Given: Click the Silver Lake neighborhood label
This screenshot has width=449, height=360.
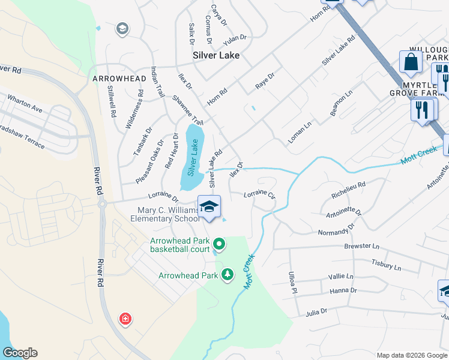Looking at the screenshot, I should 216,55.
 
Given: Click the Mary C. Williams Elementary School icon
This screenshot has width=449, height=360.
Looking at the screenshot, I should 209,207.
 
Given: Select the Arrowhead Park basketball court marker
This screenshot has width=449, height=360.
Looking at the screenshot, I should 219,244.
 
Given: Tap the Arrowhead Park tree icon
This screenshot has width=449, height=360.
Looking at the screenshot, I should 228,275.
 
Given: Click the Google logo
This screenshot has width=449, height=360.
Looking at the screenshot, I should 20,353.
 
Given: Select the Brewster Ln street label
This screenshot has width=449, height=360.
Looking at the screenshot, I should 362,246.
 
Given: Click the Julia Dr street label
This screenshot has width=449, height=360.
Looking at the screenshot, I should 316,311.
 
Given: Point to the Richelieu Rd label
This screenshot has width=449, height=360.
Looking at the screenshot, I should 348,190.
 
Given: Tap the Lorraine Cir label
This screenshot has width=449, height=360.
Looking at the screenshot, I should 259,195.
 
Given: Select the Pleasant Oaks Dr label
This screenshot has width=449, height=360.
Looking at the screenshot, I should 149,162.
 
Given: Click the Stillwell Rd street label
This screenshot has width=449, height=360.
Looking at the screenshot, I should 112,102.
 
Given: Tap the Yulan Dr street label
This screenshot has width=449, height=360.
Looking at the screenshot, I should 235,37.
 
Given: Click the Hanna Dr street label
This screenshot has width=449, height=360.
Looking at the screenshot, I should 343,290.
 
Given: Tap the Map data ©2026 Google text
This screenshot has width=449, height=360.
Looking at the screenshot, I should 412,355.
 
